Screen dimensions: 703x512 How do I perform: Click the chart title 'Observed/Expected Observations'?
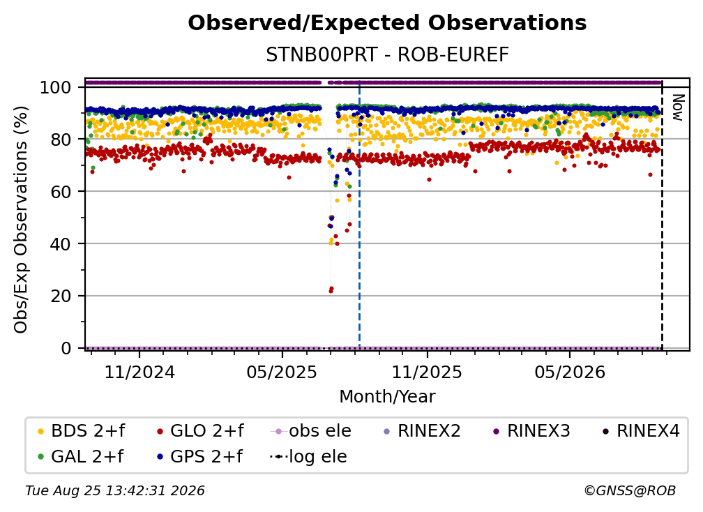pyautogui.click(x=387, y=23)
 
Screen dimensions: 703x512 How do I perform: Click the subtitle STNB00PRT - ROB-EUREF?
pyautogui.click(x=387, y=55)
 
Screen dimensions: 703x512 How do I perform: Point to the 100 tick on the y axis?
pyautogui.click(x=56, y=87)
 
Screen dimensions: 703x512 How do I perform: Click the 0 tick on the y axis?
pyautogui.click(x=66, y=348)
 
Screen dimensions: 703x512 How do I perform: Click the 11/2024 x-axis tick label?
pyautogui.click(x=139, y=372)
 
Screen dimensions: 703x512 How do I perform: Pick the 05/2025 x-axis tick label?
pyautogui.click(x=282, y=372)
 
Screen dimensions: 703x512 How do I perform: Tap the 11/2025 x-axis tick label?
pyautogui.click(x=427, y=372)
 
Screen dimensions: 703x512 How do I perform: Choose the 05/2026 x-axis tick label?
pyautogui.click(x=569, y=372)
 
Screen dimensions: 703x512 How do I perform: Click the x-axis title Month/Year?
pyautogui.click(x=387, y=397)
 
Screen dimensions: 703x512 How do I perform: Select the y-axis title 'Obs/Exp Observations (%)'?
pyautogui.click(x=21, y=220)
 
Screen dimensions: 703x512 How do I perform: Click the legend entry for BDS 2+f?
pyautogui.click(x=82, y=431)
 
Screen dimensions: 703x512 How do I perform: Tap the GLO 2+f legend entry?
pyautogui.click(x=200, y=431)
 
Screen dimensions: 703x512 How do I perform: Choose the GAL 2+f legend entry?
pyautogui.click(x=81, y=457)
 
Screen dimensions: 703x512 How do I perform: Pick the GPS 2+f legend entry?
pyautogui.click(x=200, y=457)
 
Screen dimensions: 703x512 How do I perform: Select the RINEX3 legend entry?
pyautogui.click(x=531, y=431)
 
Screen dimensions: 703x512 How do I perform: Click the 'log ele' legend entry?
pyautogui.click(x=309, y=457)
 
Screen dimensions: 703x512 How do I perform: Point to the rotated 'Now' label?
pyautogui.click(x=677, y=107)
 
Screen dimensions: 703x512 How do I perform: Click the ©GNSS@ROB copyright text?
pyautogui.click(x=630, y=491)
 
